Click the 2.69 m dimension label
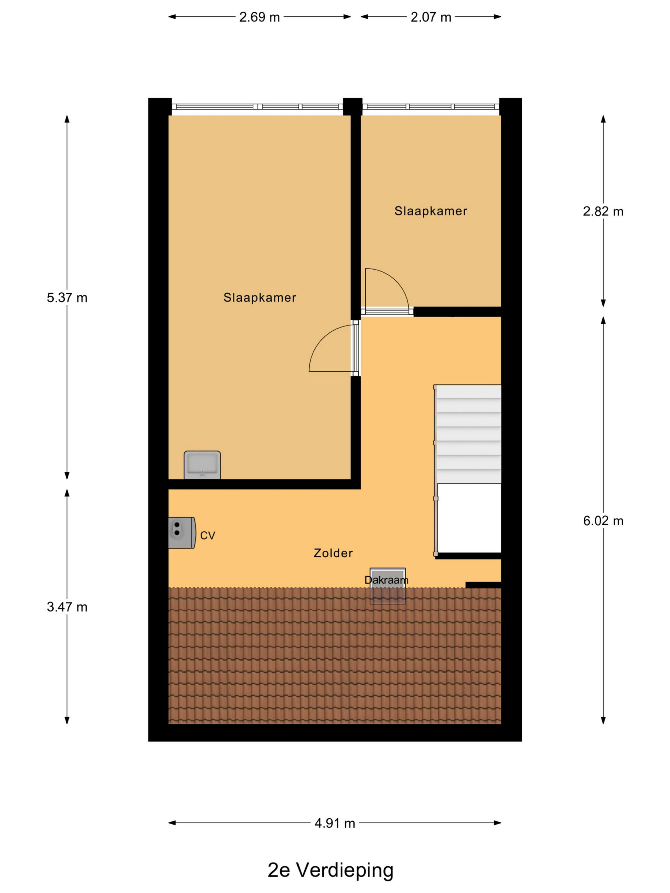[x=259, y=17]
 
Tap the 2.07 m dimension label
[x=431, y=17]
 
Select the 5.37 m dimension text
[x=67, y=298]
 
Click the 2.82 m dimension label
[x=603, y=211]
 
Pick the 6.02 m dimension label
[x=603, y=521]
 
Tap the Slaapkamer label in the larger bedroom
[x=260, y=298]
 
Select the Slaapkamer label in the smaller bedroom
[x=431, y=211]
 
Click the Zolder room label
[x=333, y=553]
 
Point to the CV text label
[x=208, y=536]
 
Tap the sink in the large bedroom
[x=202, y=465]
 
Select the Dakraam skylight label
[x=387, y=580]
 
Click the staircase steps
[x=468, y=434]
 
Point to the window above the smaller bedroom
[x=431, y=107]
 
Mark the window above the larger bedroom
[x=257, y=107]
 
